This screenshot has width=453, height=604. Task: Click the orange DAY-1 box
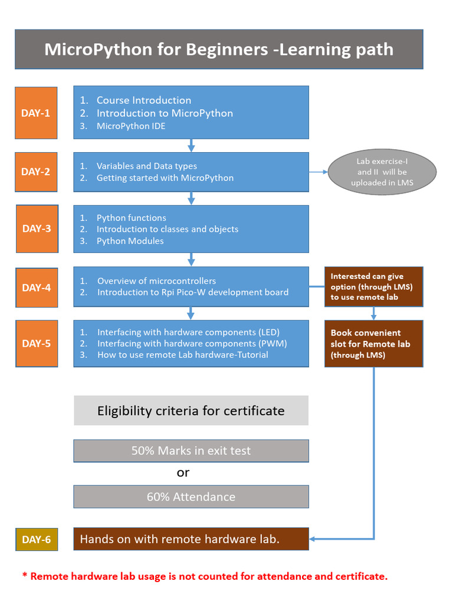[36, 113]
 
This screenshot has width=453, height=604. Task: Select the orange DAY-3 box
[37, 229]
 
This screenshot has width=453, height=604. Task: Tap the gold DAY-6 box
[37, 539]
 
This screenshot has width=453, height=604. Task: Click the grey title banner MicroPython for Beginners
[219, 50]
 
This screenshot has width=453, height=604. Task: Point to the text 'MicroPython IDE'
[131, 126]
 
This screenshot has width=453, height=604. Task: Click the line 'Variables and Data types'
[147, 166]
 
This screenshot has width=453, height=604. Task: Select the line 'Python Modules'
[130, 241]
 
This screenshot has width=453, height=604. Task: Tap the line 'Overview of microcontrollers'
[156, 281]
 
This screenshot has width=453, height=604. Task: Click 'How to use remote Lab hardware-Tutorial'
[183, 354]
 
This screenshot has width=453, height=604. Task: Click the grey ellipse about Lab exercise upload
[382, 172]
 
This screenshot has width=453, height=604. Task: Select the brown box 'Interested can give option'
[373, 287]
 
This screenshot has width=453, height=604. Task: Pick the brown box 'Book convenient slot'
[373, 344]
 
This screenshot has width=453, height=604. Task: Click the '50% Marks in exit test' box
[191, 451]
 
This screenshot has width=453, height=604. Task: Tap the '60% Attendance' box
[191, 497]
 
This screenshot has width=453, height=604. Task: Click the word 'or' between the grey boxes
[183, 473]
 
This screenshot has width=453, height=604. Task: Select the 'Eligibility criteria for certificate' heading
[191, 411]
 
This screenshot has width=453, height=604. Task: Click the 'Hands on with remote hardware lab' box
[191, 539]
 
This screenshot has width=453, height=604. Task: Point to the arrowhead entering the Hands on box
[312, 539]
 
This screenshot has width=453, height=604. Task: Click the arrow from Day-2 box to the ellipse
[318, 172]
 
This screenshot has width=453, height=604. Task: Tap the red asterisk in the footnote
[25, 575]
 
